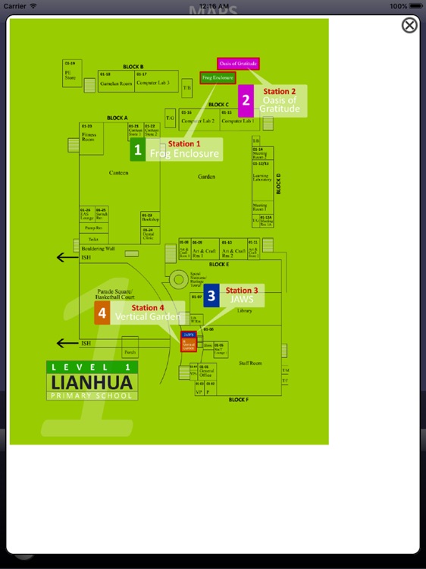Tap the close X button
point(409,26)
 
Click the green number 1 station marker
point(137,150)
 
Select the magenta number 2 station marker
point(246,101)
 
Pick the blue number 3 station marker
point(211,296)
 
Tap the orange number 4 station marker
point(102,313)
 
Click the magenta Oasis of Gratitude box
point(238,63)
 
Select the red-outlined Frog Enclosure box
point(217,77)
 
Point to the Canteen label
point(118,173)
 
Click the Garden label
point(206,177)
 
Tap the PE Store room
point(70,74)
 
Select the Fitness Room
point(89,137)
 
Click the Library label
point(245,311)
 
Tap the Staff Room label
point(249,363)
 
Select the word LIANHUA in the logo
point(92,381)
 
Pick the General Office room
point(205,373)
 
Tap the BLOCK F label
point(238,399)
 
